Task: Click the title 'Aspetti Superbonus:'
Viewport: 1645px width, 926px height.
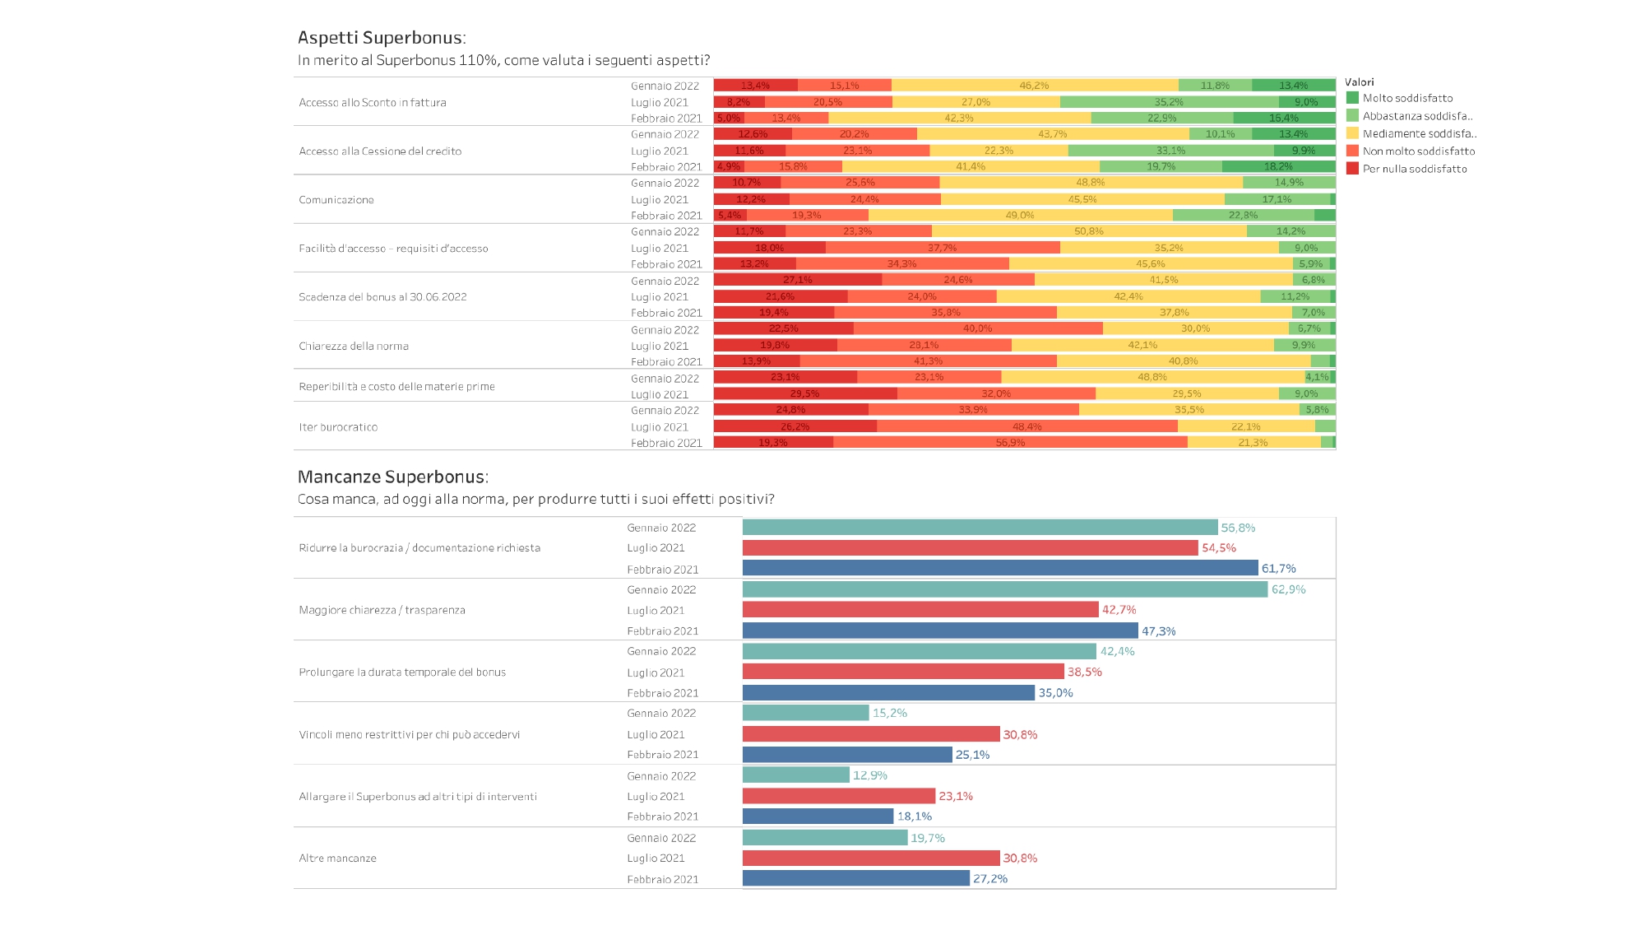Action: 382,38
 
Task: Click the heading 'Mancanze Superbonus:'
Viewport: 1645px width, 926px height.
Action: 392,477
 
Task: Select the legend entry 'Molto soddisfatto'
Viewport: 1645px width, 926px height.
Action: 1407,98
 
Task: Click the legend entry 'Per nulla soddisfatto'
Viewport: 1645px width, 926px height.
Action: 1414,169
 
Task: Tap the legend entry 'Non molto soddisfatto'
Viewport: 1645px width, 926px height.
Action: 1418,151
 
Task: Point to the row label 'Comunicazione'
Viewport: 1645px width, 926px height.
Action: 336,200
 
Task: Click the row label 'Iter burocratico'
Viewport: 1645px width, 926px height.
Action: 338,427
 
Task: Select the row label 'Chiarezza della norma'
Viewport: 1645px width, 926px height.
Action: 354,347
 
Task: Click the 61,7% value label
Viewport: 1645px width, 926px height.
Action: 1278,569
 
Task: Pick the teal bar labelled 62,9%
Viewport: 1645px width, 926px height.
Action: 1004,589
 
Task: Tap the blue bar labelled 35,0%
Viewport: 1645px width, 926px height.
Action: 888,693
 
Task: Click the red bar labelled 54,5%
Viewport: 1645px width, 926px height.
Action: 970,548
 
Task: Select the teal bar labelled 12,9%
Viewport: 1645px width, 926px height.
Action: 795,775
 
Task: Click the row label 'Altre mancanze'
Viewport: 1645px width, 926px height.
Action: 337,859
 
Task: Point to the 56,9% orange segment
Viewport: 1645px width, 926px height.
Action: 1010,443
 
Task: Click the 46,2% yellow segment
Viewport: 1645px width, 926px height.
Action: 1034,86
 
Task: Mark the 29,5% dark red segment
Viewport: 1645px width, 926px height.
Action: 804,394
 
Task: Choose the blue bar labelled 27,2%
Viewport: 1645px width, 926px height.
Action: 855,879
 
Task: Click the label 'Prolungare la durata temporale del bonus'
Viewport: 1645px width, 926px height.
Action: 402,672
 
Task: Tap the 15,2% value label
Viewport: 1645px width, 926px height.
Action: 889,714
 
